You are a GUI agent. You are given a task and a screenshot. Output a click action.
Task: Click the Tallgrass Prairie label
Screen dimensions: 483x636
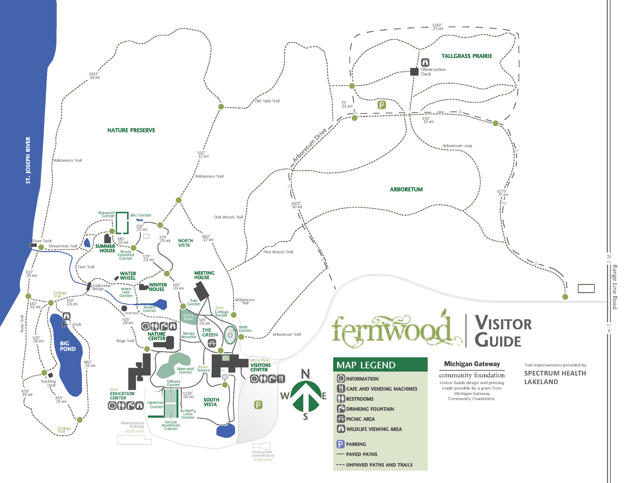[466, 56]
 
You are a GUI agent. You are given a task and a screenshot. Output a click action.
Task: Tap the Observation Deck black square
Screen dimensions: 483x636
[414, 72]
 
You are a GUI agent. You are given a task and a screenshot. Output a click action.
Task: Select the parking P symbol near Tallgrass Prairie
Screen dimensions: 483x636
[381, 105]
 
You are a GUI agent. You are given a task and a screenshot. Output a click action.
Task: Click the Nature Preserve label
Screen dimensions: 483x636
[131, 130]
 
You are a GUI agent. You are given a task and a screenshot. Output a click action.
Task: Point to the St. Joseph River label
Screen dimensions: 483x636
[28, 160]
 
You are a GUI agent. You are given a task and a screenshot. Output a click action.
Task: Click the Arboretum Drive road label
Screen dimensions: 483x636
[309, 145]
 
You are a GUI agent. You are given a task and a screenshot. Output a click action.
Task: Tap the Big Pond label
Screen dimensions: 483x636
[68, 346]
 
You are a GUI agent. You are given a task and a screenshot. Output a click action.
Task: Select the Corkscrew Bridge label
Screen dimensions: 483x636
[101, 287]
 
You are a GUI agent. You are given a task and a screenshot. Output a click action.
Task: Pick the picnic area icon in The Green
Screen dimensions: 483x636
[212, 343]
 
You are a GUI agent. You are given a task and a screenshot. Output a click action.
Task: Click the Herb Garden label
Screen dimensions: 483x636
[245, 329]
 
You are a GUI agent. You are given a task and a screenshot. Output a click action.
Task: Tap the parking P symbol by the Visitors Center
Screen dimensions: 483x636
[258, 405]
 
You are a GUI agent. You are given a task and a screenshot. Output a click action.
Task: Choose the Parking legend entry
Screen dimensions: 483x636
[356, 444]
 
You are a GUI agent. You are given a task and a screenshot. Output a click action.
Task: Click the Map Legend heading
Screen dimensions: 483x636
[366, 365]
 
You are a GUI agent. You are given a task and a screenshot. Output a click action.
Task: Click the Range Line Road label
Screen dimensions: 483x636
[614, 287]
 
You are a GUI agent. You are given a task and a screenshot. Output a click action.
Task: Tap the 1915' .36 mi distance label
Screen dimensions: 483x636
[94, 76]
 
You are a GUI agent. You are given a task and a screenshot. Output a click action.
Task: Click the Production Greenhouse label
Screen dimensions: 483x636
[263, 454]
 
